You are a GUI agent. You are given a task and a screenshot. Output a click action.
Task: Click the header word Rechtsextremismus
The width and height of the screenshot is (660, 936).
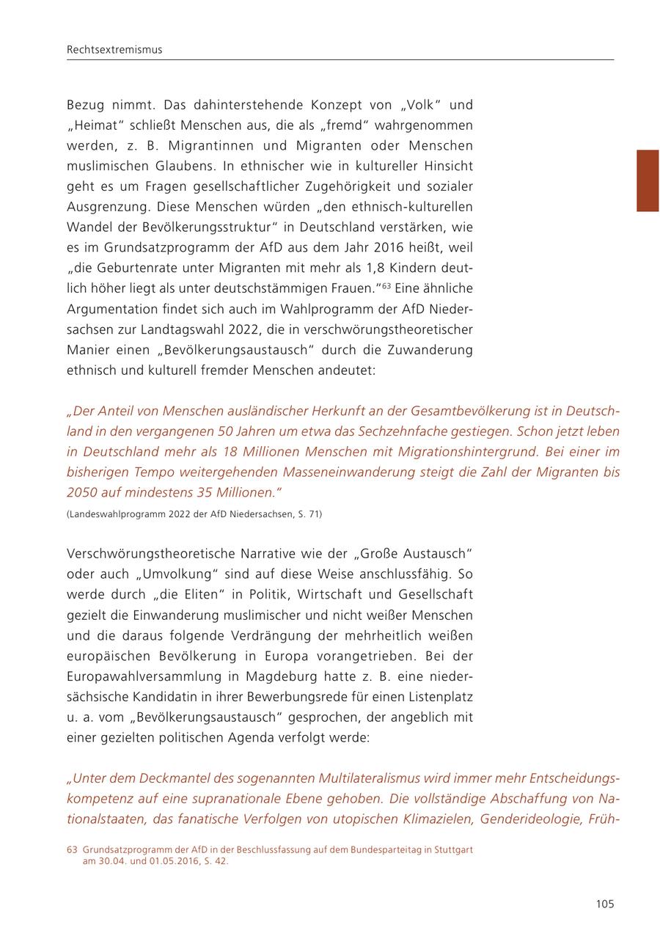pyautogui.click(x=114, y=50)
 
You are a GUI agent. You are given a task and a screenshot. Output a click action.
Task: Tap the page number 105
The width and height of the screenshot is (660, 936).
pyautogui.click(x=604, y=904)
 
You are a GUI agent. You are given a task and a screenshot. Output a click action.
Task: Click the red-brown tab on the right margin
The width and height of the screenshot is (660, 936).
pyautogui.click(x=648, y=180)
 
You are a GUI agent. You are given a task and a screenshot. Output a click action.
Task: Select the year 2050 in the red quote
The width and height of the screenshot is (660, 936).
pyautogui.click(x=82, y=492)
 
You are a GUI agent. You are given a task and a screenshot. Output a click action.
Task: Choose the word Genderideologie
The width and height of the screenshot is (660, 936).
pyautogui.click(x=528, y=819)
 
